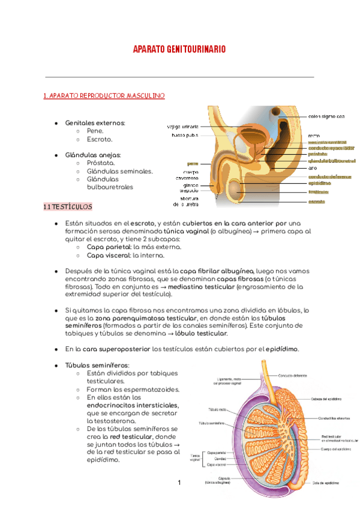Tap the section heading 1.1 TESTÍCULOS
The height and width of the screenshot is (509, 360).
[x=68, y=206]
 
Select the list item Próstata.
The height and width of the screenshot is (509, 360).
[x=101, y=163]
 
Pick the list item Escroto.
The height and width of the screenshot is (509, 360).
[x=100, y=139]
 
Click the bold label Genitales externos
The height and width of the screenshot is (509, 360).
[x=95, y=123]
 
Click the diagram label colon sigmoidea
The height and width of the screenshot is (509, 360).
[x=326, y=116]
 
